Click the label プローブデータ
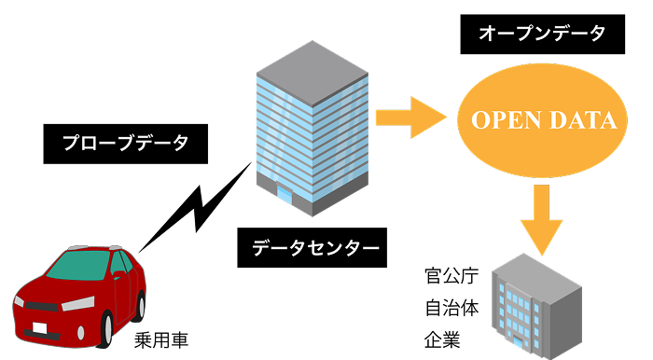125,144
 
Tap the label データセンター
315,248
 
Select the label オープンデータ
542,35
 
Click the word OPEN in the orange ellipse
500,120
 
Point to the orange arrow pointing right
410,118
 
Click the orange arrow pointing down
541,215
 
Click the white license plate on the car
40,327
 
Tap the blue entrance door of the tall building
284,192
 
